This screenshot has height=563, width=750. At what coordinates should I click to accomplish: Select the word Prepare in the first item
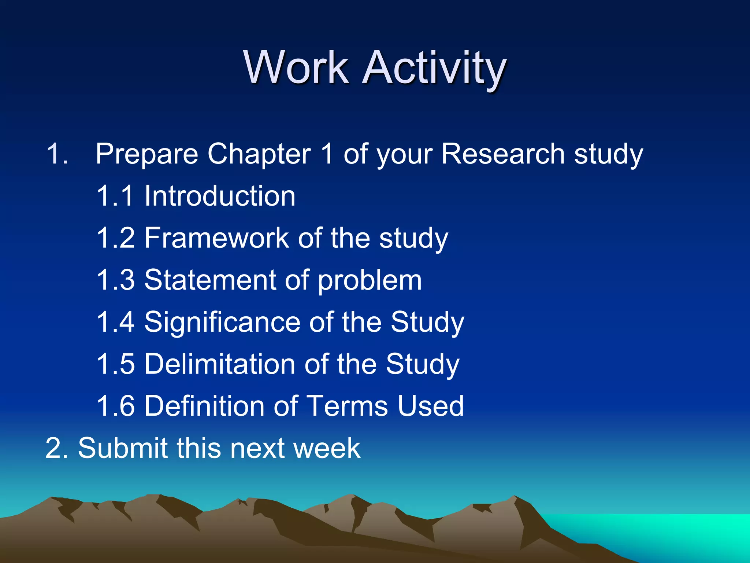[x=146, y=154]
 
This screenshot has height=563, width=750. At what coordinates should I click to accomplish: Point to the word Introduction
[x=220, y=196]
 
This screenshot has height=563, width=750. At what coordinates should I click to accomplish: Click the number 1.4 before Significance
[x=115, y=322]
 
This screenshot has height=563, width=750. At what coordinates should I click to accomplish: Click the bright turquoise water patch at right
[x=677, y=531]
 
